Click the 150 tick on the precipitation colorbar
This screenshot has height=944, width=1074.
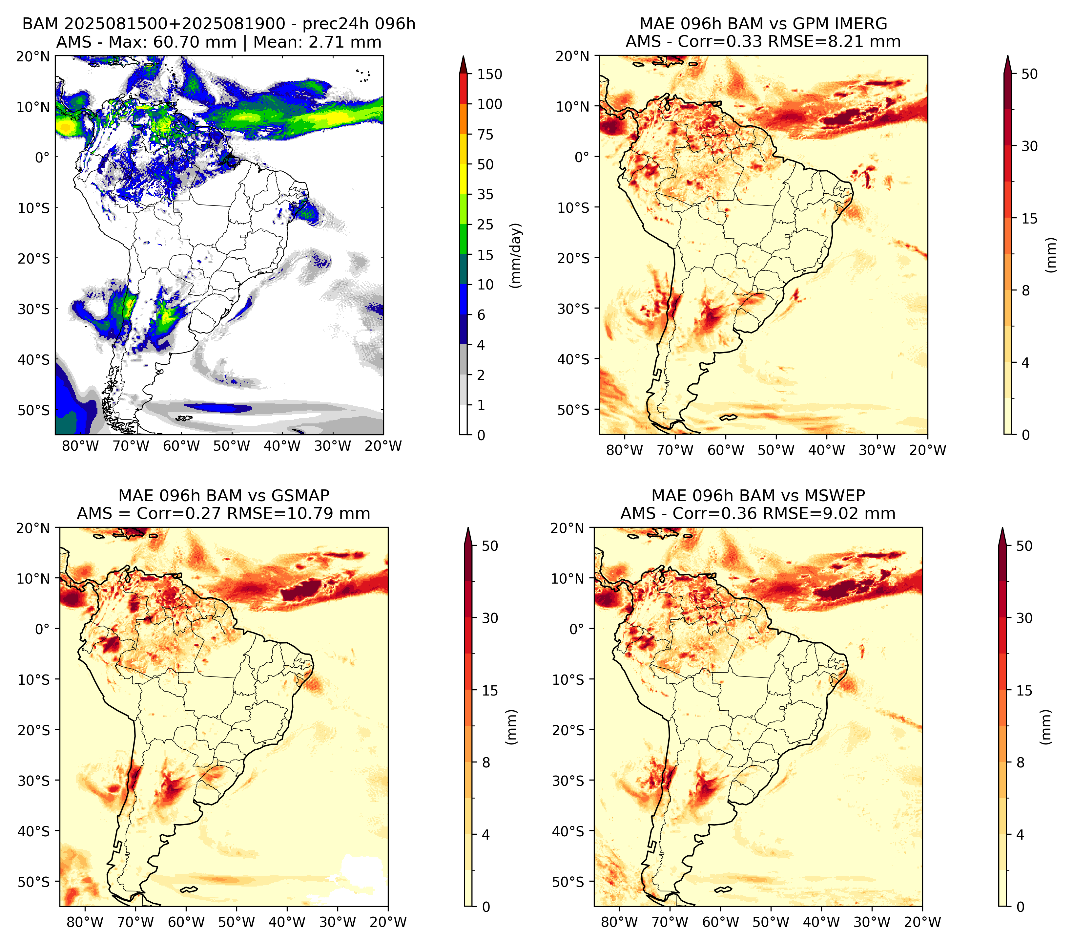489,74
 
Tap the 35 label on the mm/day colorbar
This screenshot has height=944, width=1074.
485,194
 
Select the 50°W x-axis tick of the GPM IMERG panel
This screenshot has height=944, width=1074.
776,450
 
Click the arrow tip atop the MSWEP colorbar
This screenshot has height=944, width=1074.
1002,528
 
